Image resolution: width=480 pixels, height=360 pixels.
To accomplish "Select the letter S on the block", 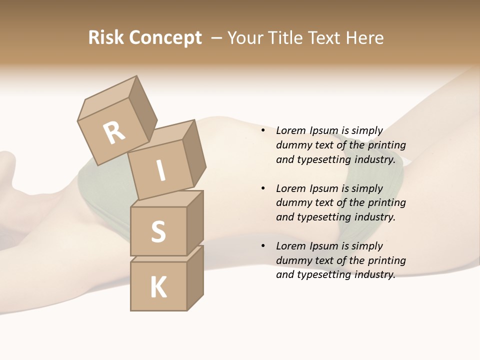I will point(158,231).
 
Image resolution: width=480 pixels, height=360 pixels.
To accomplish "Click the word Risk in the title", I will point(105,37).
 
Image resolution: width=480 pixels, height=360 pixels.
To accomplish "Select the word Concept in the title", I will point(165,37).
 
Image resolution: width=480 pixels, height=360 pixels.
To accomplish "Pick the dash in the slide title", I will point(217,37).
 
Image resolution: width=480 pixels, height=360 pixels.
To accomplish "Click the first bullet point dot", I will point(263,130).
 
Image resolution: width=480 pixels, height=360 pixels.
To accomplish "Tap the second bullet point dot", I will point(263,188).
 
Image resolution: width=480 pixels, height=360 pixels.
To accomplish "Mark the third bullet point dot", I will point(263,246).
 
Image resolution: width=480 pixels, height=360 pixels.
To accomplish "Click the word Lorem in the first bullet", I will point(290,130).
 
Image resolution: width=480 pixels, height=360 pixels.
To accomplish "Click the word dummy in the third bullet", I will point(292,260).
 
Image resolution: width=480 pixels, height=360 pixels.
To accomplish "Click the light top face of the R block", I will point(107,98).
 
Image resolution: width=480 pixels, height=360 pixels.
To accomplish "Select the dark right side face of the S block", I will point(195,222).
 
